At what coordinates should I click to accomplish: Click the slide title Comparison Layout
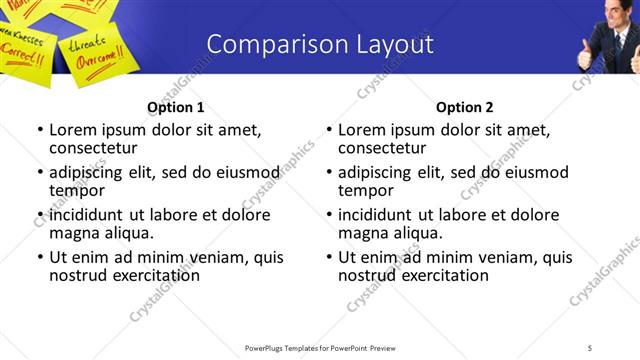point(320,44)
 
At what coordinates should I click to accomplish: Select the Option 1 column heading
point(175,107)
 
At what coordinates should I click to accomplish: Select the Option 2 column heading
point(464,107)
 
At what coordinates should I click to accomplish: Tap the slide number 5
point(590,347)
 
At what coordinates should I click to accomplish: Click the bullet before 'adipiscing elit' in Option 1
point(40,172)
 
